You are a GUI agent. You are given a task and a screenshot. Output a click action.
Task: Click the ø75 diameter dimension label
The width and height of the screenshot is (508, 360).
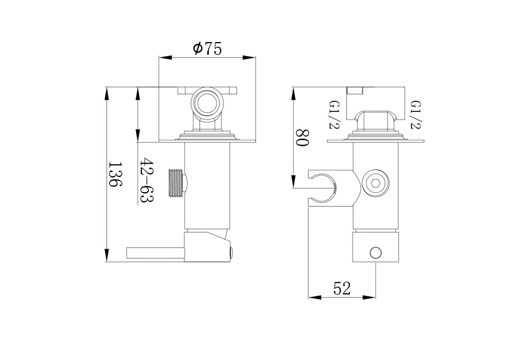click(x=208, y=49)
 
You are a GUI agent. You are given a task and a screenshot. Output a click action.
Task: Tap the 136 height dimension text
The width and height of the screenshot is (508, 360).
click(x=115, y=174)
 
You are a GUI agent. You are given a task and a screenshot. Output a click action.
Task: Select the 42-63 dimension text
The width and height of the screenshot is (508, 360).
click(x=146, y=181)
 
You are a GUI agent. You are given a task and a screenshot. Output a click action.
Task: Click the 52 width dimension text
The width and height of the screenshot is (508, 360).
click(x=342, y=288)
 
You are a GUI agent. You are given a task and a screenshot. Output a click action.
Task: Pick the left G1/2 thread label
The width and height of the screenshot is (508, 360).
click(x=334, y=114)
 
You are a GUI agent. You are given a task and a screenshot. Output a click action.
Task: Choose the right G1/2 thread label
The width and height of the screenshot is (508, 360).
click(x=416, y=114)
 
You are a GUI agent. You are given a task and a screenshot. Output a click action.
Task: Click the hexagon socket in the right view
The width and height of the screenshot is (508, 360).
click(x=376, y=184)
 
